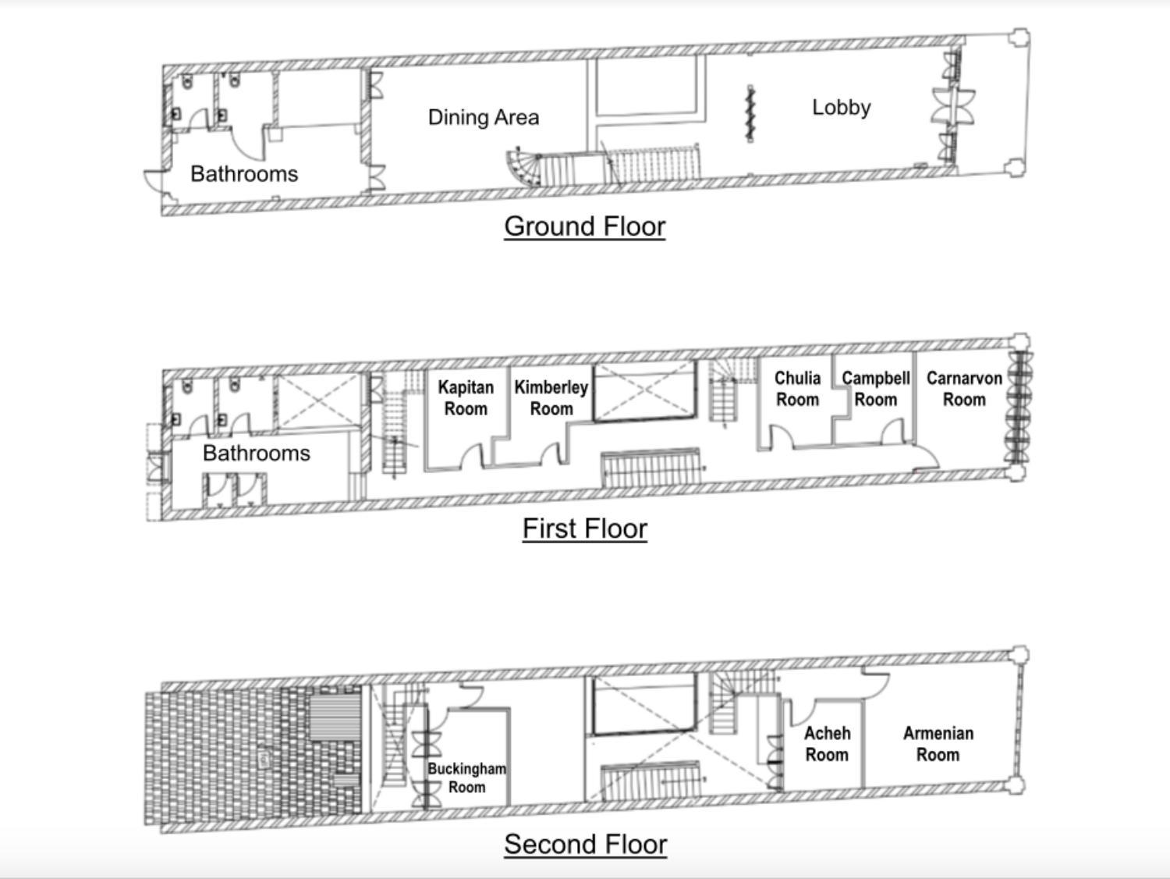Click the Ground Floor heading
tap(585, 226)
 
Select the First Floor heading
tap(585, 528)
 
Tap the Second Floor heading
tap(585, 845)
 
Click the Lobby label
tap(841, 108)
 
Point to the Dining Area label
tap(484, 117)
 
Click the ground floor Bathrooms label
tap(244, 174)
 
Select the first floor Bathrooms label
tap(257, 454)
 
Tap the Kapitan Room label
tap(466, 398)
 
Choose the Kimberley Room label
tap(551, 398)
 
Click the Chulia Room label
tap(797, 389)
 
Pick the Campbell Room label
tap(876, 389)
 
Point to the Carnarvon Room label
tap(964, 389)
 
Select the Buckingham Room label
tap(467, 778)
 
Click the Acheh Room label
tap(827, 744)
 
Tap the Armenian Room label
tap(938, 744)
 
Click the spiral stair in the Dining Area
tap(523, 168)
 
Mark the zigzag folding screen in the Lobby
tap(750, 113)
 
